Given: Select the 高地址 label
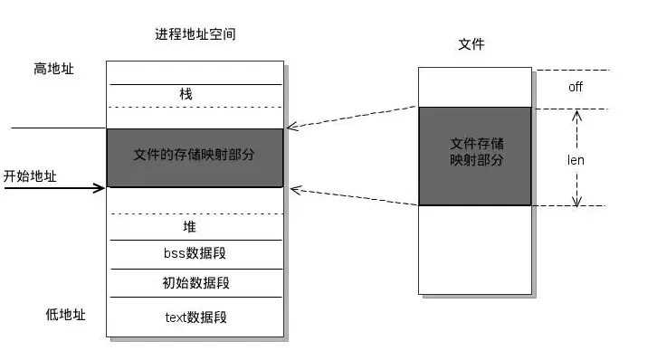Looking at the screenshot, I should coord(52,69).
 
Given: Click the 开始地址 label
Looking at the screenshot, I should coord(30,176).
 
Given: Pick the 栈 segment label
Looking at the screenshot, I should coord(186,94).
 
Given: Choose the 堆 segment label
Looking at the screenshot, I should coord(189,226).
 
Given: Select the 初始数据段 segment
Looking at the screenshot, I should coord(195,283).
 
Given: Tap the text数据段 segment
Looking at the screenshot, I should coord(195,317).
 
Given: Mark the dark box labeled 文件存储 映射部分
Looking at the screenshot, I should coord(475,156).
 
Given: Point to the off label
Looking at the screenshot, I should coord(575,87).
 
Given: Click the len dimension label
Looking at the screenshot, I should coord(576,159).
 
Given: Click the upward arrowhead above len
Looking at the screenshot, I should coord(576,114).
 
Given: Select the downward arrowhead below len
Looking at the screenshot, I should coord(576,201).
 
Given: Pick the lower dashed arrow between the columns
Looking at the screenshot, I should coord(353,197).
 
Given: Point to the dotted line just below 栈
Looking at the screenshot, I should coord(195,107).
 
